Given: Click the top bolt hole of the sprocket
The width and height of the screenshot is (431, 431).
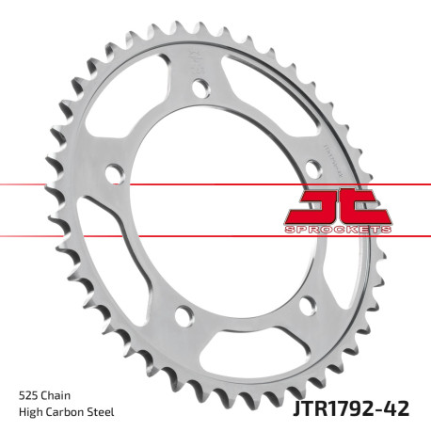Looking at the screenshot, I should point(200,89).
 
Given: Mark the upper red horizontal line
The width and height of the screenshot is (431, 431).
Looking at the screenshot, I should point(94,185).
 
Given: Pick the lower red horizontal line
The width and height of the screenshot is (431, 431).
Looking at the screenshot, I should point(94,234).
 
